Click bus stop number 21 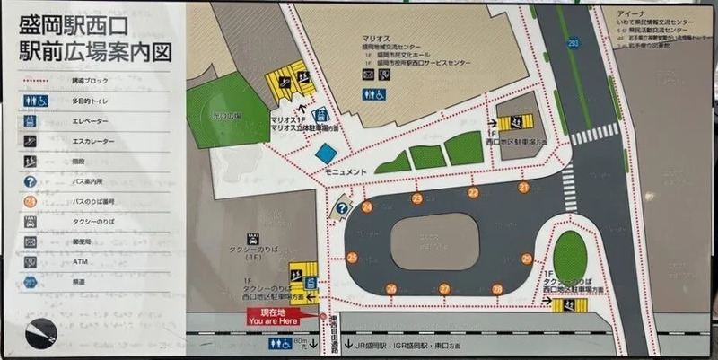pyautogui.click(x=523, y=188)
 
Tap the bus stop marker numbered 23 pyautogui.click(x=416, y=198)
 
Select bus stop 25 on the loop pyautogui.click(x=352, y=258)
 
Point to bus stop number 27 pyautogui.click(x=444, y=289)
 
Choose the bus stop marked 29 pyautogui.click(x=527, y=259)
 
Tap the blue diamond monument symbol pyautogui.click(x=325, y=153)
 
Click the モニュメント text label pyautogui.click(x=346, y=171)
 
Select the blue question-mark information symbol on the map pyautogui.click(x=342, y=208)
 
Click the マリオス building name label pyautogui.click(x=374, y=38)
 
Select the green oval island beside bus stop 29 pyautogui.click(x=570, y=255)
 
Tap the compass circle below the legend pyautogui.click(x=41, y=334)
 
